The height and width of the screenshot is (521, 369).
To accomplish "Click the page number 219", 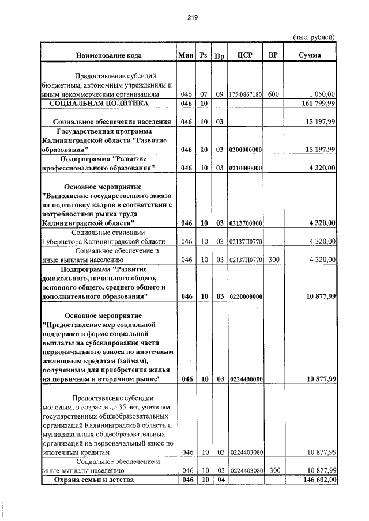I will point(193,17).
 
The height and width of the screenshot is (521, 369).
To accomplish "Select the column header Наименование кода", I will point(107,55).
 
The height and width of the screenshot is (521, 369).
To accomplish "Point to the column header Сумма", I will point(310,55).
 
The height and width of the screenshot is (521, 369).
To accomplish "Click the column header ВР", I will point(274,55).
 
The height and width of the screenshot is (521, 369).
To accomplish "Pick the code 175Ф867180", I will point(246,94).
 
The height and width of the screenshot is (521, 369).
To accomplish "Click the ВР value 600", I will point(274,94).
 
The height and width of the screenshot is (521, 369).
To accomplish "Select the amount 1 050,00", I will point(322,94).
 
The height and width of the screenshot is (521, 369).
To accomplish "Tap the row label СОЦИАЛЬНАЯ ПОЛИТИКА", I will point(99,103).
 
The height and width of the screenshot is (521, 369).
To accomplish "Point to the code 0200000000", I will point(246,150).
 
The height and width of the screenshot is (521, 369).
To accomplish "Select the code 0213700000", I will point(246,223).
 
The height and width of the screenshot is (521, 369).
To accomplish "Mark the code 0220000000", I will point(246,296).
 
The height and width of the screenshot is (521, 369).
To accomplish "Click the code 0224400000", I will point(246,379).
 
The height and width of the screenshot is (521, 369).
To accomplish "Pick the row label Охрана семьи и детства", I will point(93,480).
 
